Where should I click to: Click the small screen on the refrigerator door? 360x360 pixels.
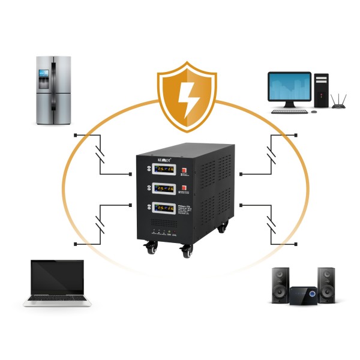point(43,74)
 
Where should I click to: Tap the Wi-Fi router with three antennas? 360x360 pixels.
point(339,104)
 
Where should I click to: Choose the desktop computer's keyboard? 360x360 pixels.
point(289,111)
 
